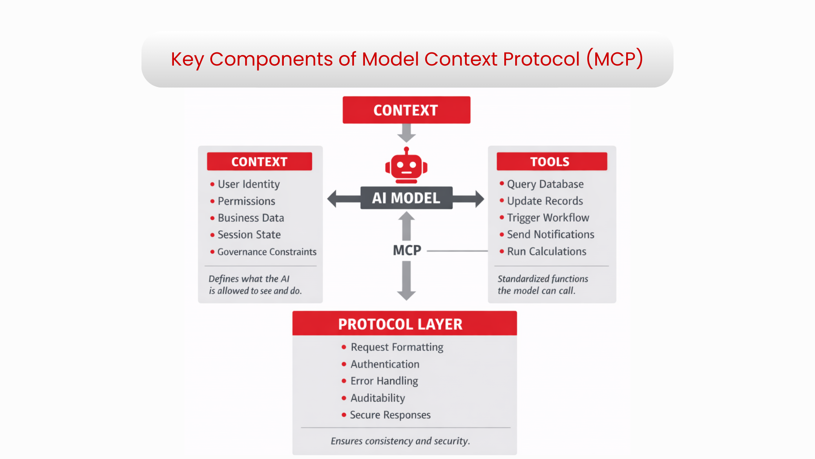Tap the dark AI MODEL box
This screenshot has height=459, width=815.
pyautogui.click(x=406, y=198)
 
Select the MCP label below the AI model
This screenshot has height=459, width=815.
pyautogui.click(x=407, y=250)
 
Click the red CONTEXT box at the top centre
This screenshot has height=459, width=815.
pyautogui.click(x=406, y=110)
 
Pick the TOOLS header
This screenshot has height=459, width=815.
pyautogui.click(x=552, y=161)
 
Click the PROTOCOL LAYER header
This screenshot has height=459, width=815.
pyautogui.click(x=404, y=323)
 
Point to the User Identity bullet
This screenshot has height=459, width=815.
pyautogui.click(x=249, y=184)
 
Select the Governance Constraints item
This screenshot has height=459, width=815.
pyautogui.click(x=267, y=252)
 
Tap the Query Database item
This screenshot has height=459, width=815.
pyautogui.click(x=545, y=184)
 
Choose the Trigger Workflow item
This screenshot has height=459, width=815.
pyautogui.click(x=548, y=217)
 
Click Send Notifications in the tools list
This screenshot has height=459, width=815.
pyautogui.click(x=550, y=234)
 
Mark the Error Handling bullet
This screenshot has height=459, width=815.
pyautogui.click(x=384, y=381)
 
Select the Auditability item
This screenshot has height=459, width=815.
pyautogui.click(x=378, y=398)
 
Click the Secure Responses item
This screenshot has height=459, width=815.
pyautogui.click(x=390, y=415)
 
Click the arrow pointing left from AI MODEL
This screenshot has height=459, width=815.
pyautogui.click(x=342, y=199)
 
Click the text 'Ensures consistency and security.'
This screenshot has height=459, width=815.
pyautogui.click(x=400, y=441)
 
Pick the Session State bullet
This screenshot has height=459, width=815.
pyautogui.click(x=249, y=235)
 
